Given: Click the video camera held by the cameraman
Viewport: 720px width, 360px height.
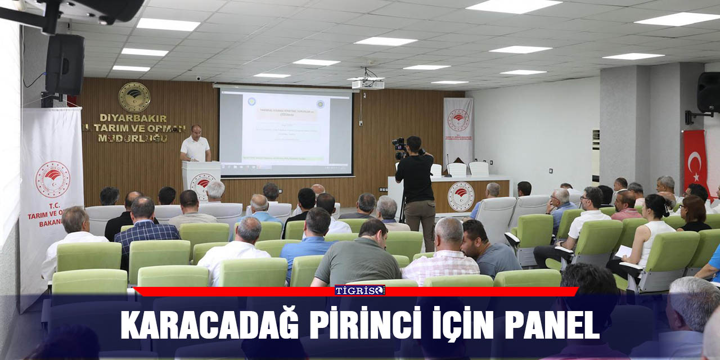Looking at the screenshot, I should pyautogui.click(x=399, y=148).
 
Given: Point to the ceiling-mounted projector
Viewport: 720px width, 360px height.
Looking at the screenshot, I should pyautogui.click(x=367, y=84).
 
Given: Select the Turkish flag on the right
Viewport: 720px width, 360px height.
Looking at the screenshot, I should pyautogui.click(x=695, y=160).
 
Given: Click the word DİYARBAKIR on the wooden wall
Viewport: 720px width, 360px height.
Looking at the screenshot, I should pyautogui.click(x=133, y=118).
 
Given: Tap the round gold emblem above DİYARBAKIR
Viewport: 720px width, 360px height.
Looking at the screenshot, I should pyautogui.click(x=134, y=97).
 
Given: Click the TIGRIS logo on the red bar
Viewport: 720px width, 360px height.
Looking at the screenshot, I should pyautogui.click(x=360, y=291).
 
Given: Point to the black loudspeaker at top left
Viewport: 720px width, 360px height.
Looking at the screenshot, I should pyautogui.click(x=65, y=64).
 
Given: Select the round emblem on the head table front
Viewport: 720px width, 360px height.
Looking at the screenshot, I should pyautogui.click(x=461, y=196).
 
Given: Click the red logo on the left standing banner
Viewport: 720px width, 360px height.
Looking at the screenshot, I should pyautogui.click(x=52, y=179).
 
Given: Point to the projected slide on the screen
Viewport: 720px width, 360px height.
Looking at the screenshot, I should pyautogui.click(x=286, y=130).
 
